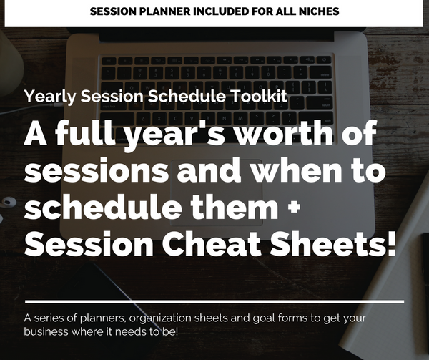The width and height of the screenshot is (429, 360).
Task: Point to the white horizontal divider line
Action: pyautogui.click(x=214, y=301)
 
